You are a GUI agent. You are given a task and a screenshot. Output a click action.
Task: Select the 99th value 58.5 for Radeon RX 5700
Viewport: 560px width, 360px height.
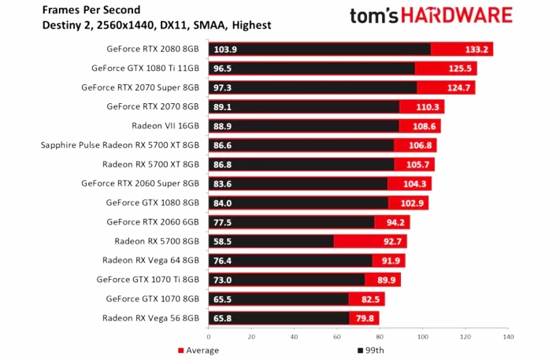point(222,241)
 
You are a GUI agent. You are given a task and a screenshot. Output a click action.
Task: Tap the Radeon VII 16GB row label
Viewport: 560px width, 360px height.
point(165,125)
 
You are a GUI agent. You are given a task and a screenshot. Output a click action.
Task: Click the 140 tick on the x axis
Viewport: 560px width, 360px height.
point(508,336)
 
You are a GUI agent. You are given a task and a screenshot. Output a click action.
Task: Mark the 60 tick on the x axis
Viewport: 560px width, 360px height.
point(337,336)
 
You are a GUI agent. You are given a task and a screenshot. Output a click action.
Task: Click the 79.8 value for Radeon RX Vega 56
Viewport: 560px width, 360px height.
point(364,318)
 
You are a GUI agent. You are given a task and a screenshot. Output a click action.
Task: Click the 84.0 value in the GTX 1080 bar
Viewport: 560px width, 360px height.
point(222,202)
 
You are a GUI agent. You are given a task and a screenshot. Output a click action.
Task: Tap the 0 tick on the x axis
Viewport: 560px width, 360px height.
point(209,336)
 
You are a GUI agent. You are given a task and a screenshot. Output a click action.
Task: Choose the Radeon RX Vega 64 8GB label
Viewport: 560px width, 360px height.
point(150,260)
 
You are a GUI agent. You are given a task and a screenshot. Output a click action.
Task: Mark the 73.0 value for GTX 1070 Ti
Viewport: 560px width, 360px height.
point(222,280)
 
